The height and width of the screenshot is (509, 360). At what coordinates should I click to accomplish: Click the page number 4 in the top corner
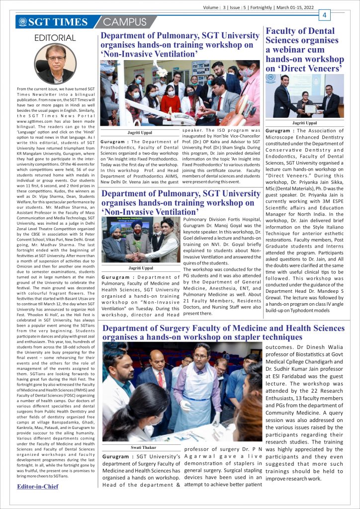[x=325, y=15]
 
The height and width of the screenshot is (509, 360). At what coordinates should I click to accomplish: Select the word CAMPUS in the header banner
[x=125, y=22]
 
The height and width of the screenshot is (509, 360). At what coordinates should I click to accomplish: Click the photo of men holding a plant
[x=140, y=241]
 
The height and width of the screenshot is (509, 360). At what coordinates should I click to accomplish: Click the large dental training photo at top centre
[x=180, y=93]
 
